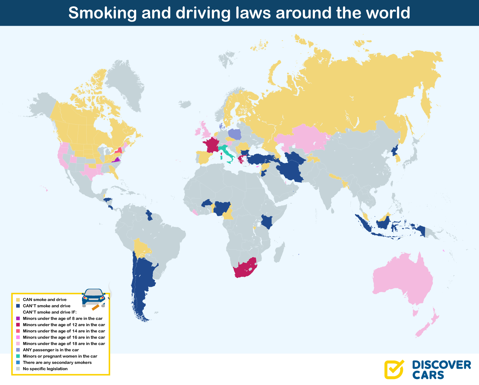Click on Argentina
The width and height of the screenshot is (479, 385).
click(x=142, y=281)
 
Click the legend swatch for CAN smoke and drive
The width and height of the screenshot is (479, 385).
click(x=18, y=300)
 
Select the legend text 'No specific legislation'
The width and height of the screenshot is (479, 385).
click(x=45, y=369)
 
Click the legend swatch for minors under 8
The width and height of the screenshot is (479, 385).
click(x=18, y=319)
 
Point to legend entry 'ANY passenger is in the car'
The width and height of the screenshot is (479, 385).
click(x=51, y=350)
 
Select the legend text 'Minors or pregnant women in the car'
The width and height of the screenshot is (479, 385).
click(x=60, y=356)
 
